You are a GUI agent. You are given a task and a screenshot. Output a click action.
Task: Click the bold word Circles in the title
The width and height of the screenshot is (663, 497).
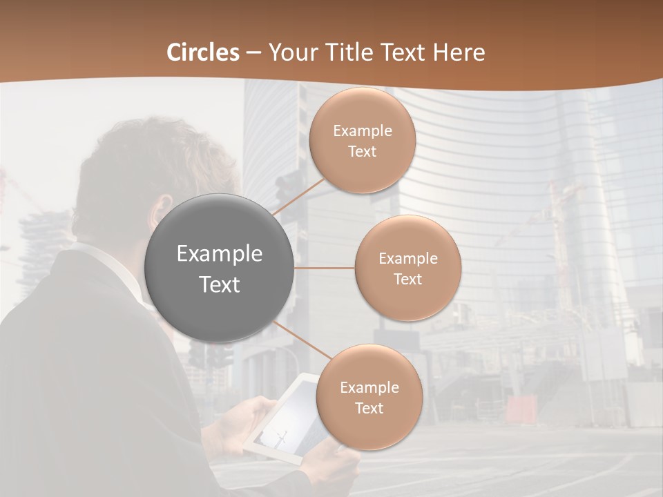pos(203,52)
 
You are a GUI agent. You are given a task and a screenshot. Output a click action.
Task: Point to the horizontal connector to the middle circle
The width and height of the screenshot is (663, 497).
pos(325,268)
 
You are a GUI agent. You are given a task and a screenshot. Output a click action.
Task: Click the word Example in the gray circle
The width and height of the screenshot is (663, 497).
pos(220,254)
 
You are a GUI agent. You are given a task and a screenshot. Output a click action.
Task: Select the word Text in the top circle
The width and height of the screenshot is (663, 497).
pos(362,152)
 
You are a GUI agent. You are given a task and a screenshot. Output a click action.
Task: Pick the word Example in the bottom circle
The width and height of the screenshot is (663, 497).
pos(369,387)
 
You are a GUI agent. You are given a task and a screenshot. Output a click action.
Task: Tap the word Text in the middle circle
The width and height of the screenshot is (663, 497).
pos(407,280)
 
